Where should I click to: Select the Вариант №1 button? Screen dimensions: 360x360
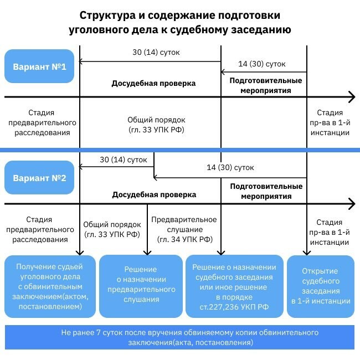(x=39, y=67)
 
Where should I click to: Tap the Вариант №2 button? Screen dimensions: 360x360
(x=39, y=178)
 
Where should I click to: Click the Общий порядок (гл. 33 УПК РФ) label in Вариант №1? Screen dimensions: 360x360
(x=156, y=125)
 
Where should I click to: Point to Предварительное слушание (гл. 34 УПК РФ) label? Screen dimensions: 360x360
(x=184, y=229)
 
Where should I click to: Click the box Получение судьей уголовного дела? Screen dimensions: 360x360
(x=49, y=286)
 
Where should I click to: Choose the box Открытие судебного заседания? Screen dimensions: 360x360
(x=321, y=286)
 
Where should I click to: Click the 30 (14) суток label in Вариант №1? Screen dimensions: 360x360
(x=156, y=53)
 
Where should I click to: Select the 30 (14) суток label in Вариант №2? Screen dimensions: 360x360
(x=124, y=160)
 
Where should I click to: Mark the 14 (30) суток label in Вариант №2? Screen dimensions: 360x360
(x=230, y=167)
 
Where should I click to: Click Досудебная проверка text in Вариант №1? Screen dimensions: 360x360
(x=154, y=84)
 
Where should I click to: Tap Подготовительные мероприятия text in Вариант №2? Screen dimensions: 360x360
(x=266, y=191)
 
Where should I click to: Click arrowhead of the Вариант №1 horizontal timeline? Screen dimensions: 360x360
(x=351, y=97)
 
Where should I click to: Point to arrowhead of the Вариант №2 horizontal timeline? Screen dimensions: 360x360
(x=351, y=204)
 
